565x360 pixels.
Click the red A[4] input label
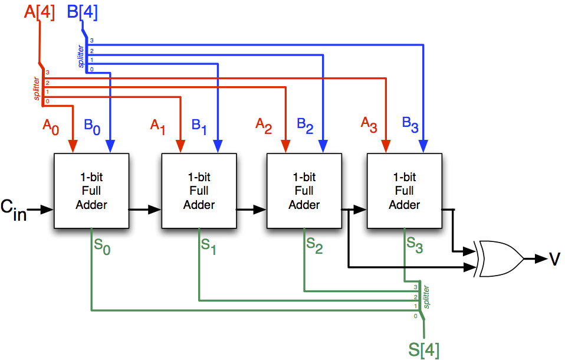pos(40,12)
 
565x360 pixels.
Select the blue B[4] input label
pos(82,12)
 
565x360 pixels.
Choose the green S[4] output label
pos(424,348)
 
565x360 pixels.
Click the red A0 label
pos(50,126)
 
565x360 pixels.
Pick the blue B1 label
pos(199,126)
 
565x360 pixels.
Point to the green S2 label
pos(314,244)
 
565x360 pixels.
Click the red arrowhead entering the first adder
pos(73,146)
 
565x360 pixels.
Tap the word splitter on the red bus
pos(37,88)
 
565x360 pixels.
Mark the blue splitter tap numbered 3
pos(91,41)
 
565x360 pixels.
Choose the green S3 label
pos(415,244)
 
